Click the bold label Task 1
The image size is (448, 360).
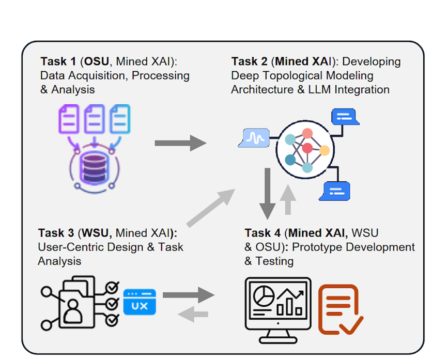[x=58, y=62]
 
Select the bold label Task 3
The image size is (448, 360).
[x=55, y=233]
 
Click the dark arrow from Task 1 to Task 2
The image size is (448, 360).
[x=180, y=143]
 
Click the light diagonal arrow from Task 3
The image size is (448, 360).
[x=210, y=208]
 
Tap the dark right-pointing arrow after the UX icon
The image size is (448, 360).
[x=188, y=295]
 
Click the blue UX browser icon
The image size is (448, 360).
[x=140, y=302]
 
